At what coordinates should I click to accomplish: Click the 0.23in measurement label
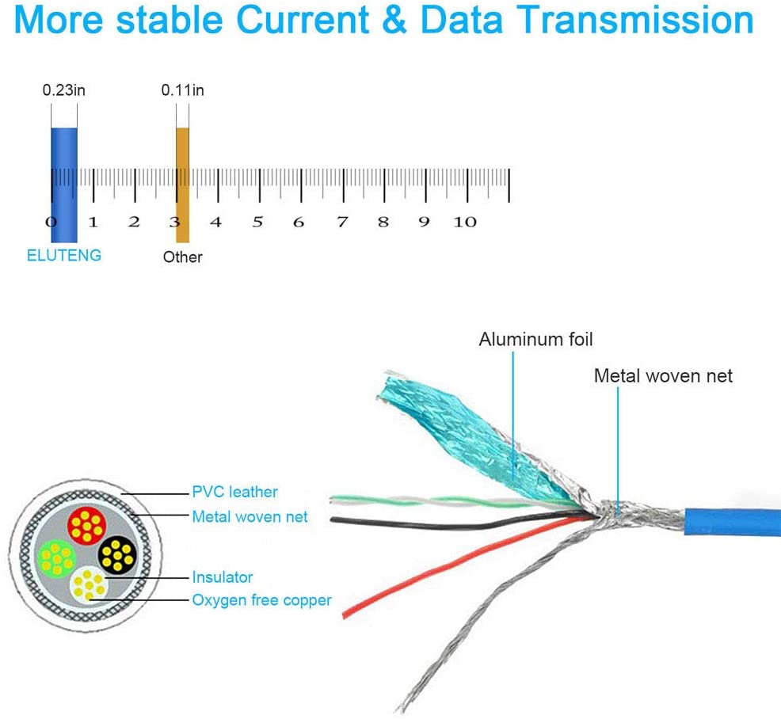(63, 90)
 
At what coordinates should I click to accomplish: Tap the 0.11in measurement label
(182, 90)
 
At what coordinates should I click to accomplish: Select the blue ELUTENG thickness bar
(64, 185)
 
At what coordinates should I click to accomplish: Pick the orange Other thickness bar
(183, 185)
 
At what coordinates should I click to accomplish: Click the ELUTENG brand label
(63, 256)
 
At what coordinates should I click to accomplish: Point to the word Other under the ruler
(182, 257)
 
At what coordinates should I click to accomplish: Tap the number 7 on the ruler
(342, 222)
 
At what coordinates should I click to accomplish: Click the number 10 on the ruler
(465, 222)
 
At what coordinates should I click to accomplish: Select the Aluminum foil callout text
(536, 339)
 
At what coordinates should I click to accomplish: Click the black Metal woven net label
(663, 376)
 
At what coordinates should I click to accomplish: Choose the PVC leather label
(234, 492)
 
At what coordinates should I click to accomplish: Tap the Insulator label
(222, 577)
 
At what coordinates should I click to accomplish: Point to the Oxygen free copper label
(261, 600)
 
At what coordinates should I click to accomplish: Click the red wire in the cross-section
(86, 526)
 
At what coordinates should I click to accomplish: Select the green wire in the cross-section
(56, 558)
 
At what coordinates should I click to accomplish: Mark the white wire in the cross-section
(89, 585)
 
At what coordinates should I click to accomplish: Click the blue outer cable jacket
(732, 523)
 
